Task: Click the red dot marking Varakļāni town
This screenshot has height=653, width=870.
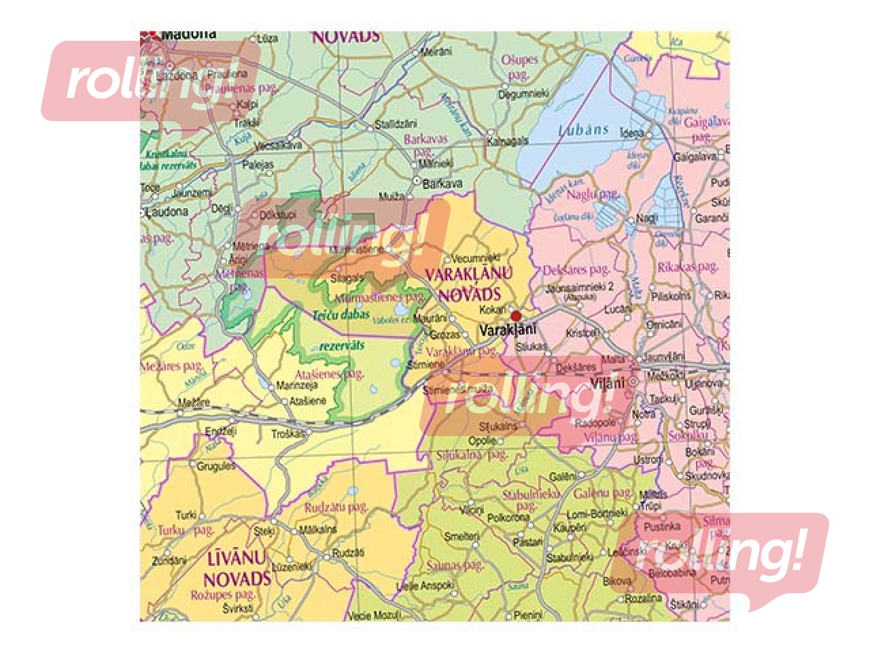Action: (516, 316)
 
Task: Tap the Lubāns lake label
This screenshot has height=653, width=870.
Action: (583, 129)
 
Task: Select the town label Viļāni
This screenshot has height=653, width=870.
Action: (607, 383)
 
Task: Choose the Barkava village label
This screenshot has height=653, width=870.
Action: (442, 183)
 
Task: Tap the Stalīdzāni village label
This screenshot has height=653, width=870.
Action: (396, 124)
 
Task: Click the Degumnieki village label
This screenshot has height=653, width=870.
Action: (523, 95)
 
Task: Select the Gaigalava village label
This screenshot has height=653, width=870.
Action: (695, 156)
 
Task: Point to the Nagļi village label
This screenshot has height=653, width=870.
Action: (647, 218)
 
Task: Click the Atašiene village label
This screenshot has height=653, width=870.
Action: (308, 401)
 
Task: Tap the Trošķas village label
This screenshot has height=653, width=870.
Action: (288, 433)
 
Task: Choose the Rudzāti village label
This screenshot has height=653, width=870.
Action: (348, 553)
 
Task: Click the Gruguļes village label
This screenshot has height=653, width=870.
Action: (216, 466)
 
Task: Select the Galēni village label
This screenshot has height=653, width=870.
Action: (562, 477)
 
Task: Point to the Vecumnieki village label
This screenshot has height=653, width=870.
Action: (476, 258)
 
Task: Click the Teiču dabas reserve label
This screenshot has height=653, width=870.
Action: (341, 315)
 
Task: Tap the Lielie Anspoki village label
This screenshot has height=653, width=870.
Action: (425, 585)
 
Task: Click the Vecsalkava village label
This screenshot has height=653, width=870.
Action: (277, 146)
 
